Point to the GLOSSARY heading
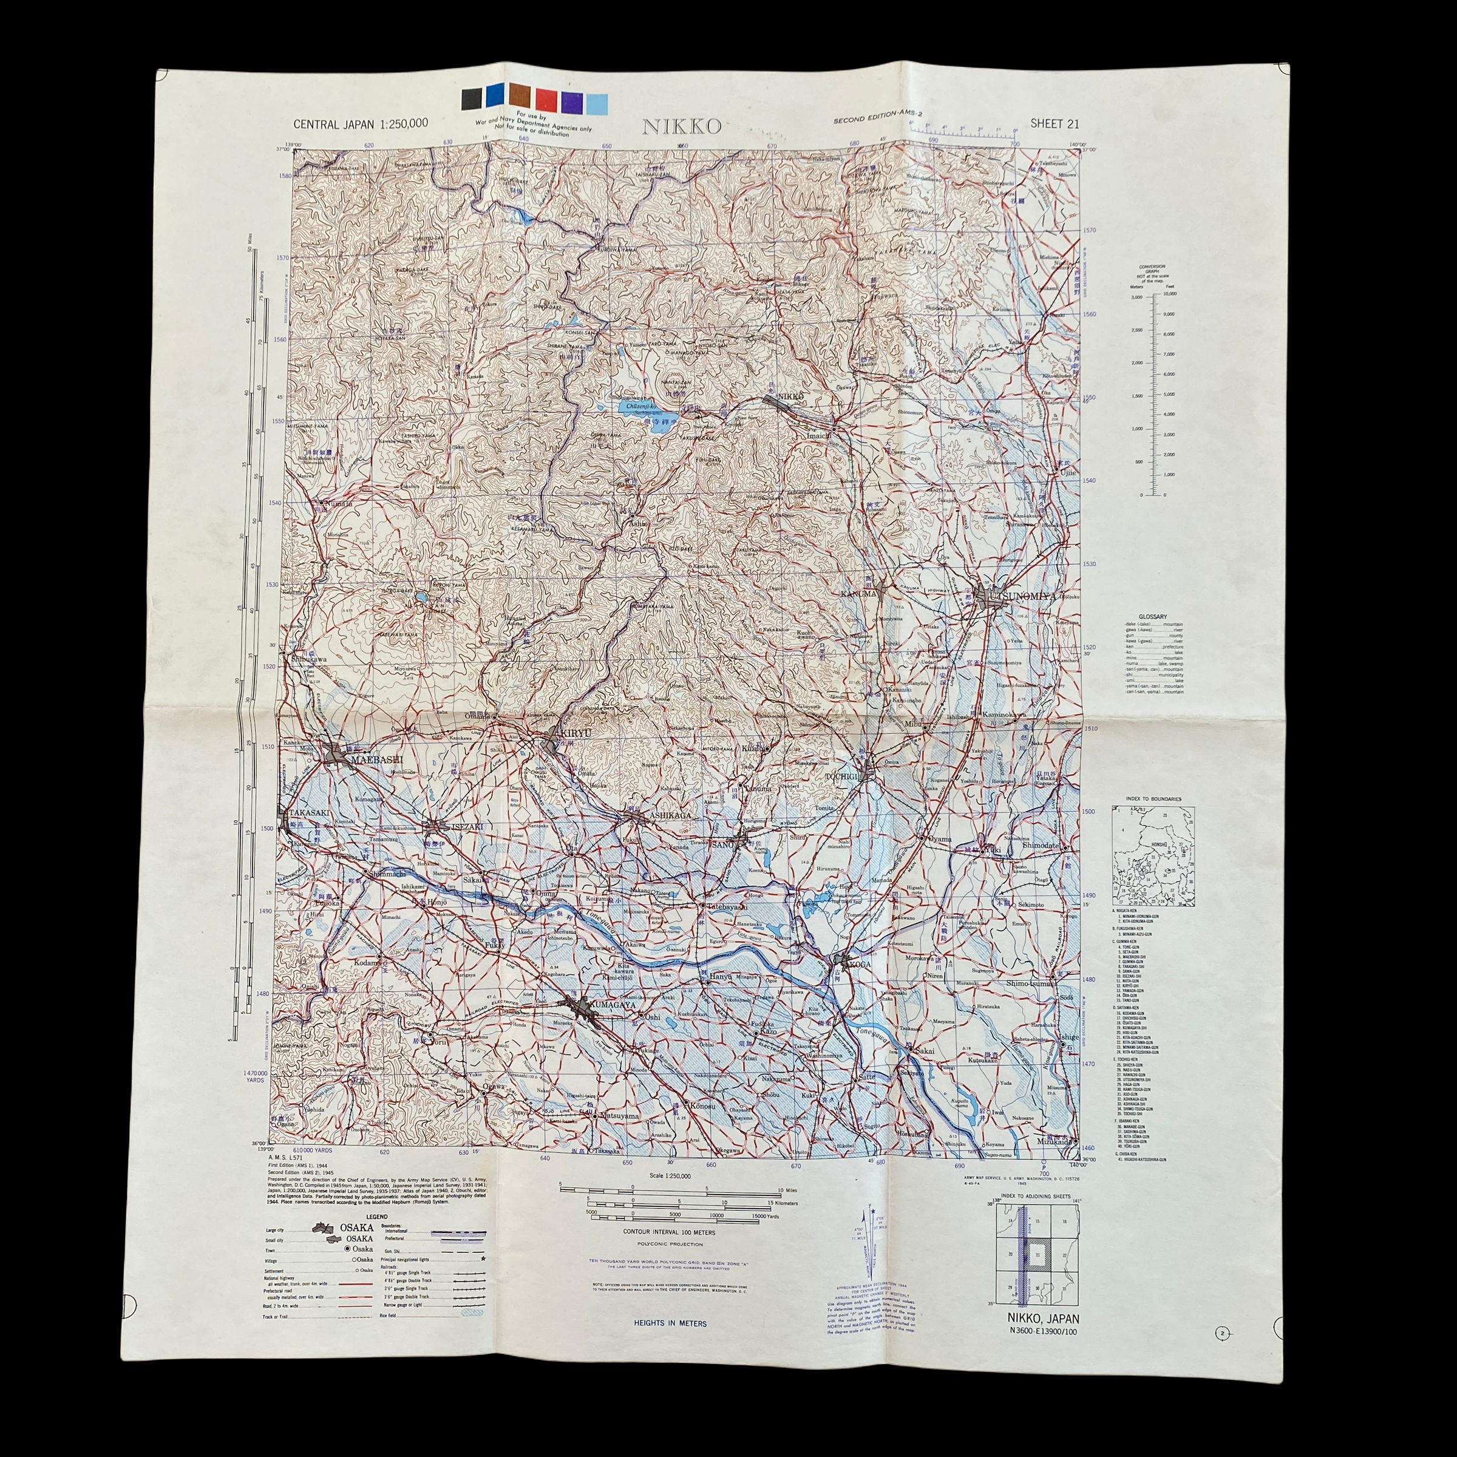[x=1153, y=616]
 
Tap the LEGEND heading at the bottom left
[x=377, y=1217]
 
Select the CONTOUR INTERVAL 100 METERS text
[x=669, y=1232]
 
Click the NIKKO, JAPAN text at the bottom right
[x=1043, y=1319]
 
